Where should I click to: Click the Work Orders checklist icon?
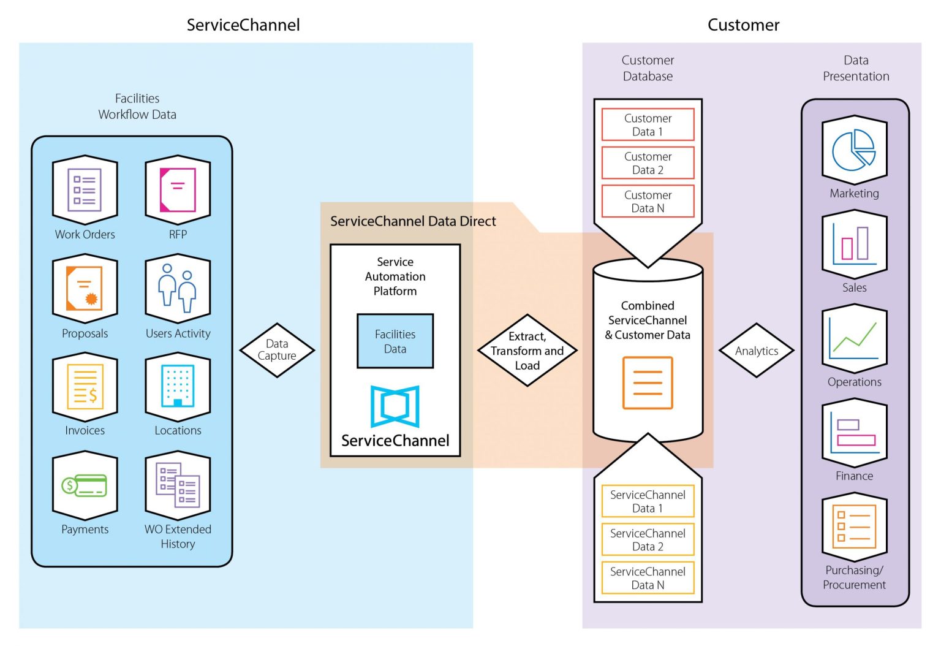[85, 190]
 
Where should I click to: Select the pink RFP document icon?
[178, 190]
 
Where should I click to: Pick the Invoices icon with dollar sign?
[85, 387]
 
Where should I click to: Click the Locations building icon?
[178, 387]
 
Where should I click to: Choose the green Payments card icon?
[85, 485]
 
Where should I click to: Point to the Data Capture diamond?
[277, 350]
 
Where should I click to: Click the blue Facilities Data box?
[395, 341]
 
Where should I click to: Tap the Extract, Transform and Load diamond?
[527, 351]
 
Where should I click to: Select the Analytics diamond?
[757, 351]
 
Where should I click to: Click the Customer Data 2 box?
[648, 163]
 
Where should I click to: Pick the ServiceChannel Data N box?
[648, 578]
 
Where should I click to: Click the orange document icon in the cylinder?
[648, 382]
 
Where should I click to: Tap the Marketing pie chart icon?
[854, 150]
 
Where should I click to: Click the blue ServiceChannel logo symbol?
[395, 406]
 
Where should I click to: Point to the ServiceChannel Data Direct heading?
[413, 221]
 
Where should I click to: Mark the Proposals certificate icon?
[85, 288]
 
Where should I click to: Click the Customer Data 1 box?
[648, 124]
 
